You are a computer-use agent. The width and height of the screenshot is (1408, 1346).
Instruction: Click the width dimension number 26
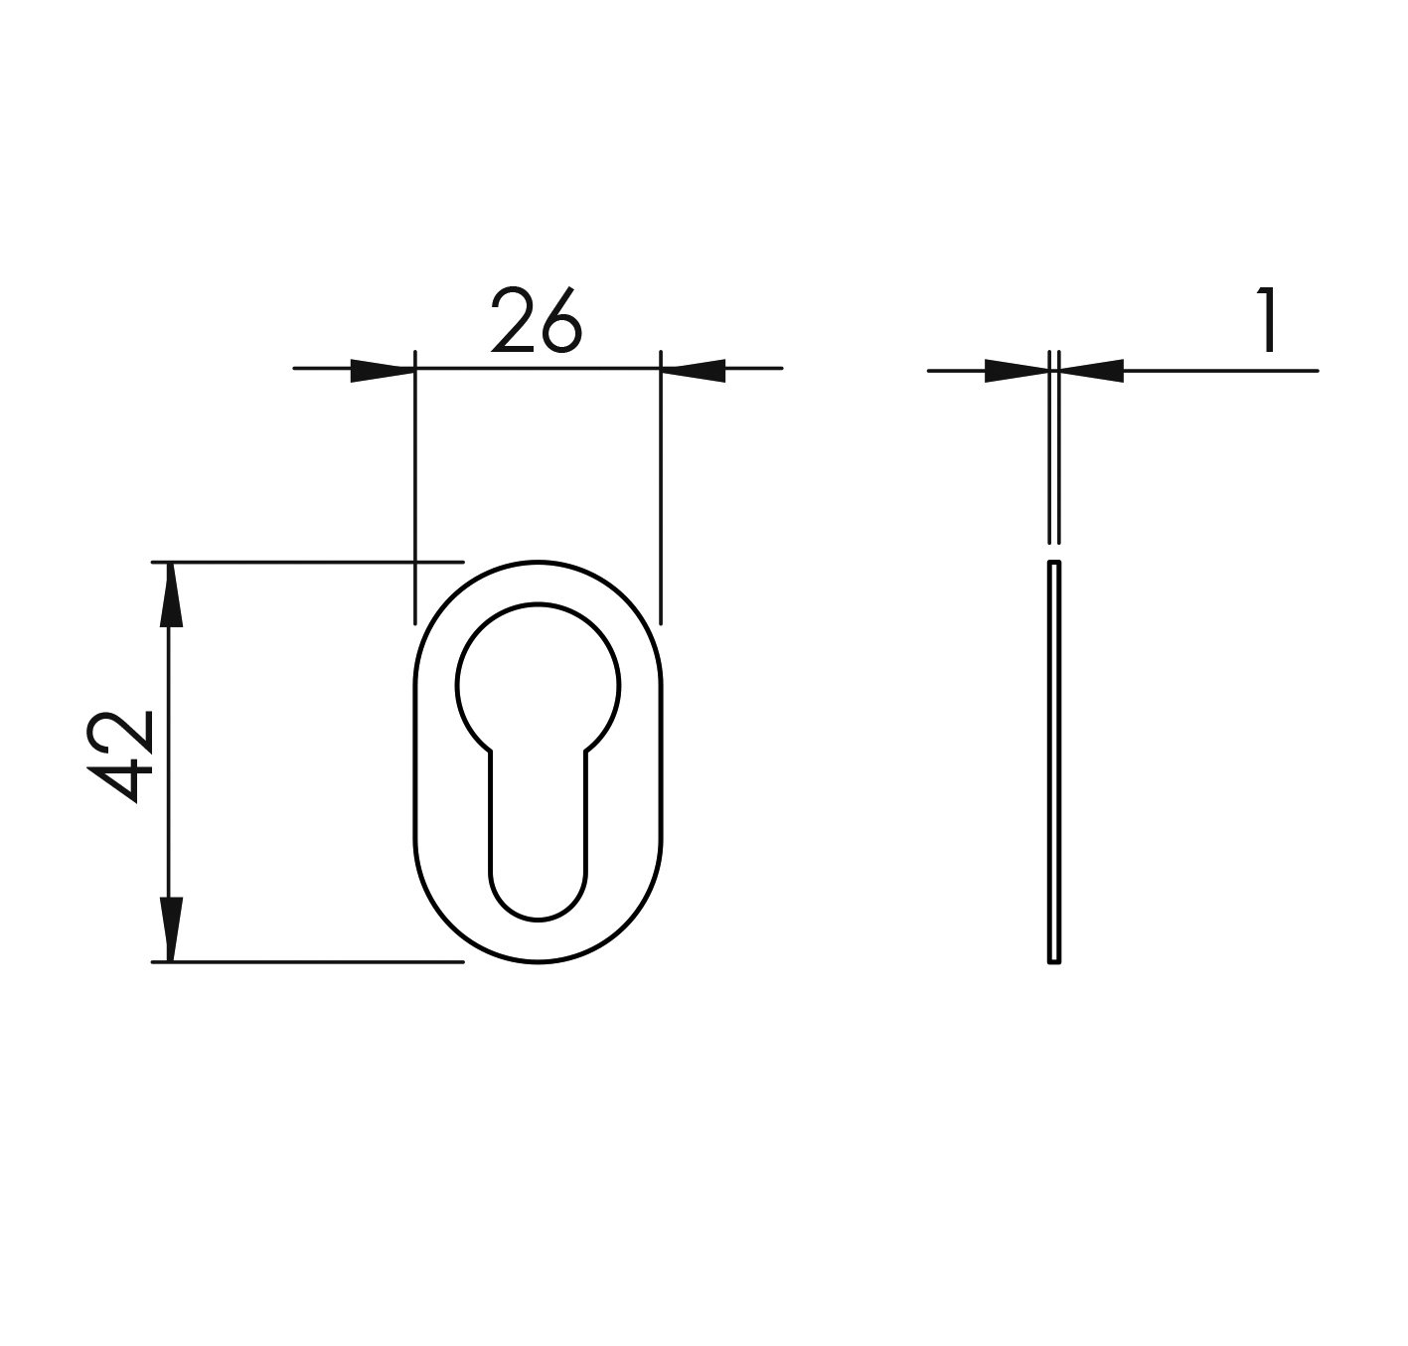pos(537,320)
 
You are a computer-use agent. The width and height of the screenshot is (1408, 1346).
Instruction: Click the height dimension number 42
pos(120,757)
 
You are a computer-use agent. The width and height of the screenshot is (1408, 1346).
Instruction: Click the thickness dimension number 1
pos(1265,320)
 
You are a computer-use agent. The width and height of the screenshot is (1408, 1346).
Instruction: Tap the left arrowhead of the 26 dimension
pos(382,370)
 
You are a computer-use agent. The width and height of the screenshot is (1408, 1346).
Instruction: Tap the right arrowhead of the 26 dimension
pos(694,370)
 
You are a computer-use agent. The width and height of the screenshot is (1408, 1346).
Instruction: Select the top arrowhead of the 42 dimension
pos(170,594)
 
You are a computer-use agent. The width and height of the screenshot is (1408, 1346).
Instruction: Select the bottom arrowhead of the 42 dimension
pos(170,929)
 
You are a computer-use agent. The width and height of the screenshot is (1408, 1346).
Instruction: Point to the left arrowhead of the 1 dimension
pos(1017,371)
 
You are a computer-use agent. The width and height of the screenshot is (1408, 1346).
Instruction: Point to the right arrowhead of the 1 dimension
pos(1092,371)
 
